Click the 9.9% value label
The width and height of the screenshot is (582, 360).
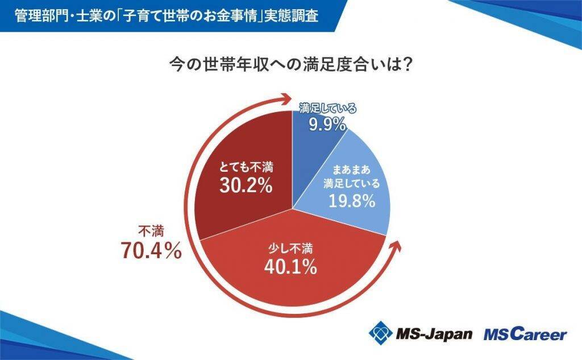[x=327, y=124]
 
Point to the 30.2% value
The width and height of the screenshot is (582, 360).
[x=245, y=186]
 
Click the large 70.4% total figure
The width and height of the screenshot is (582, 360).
[x=151, y=250]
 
